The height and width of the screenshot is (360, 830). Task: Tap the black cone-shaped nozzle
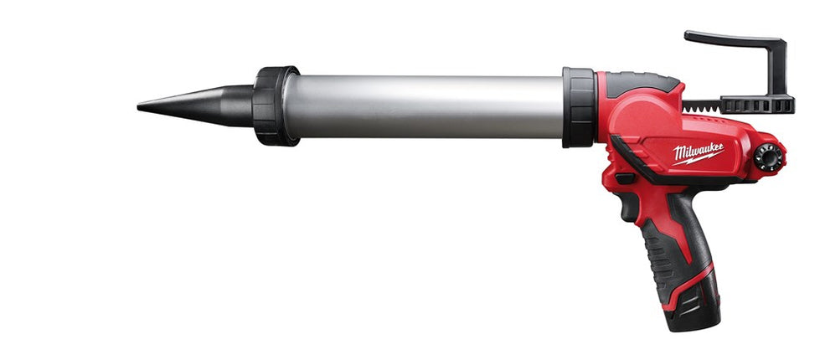pyautogui.click(x=201, y=105)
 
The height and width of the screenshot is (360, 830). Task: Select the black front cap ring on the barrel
pyautogui.click(x=274, y=105)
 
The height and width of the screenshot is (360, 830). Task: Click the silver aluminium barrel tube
pyautogui.click(x=424, y=106)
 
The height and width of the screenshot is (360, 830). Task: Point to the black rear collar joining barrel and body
pyautogui.click(x=580, y=107)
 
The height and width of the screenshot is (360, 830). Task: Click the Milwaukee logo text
pyautogui.click(x=699, y=152)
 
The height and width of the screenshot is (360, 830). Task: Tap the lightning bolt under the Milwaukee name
pyautogui.click(x=698, y=158)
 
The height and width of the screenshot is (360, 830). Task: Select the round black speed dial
pyautogui.click(x=767, y=157)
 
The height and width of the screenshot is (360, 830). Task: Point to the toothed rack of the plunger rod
pyautogui.click(x=701, y=105)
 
